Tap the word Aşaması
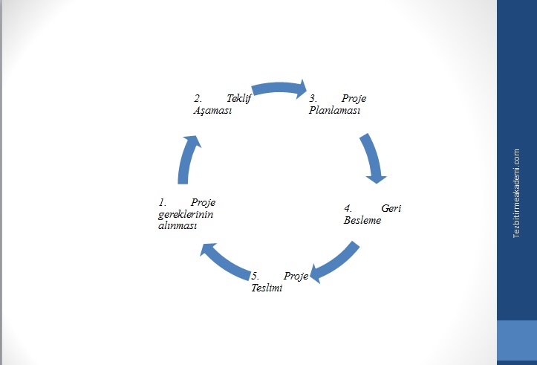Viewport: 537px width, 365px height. pos(212,111)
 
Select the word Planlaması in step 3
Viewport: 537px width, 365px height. pos(334,111)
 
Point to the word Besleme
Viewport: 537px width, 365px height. pos(362,221)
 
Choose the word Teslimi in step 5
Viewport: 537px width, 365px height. pos(267,288)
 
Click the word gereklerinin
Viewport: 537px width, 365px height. pos(181,214)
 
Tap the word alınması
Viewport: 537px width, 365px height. pos(177,226)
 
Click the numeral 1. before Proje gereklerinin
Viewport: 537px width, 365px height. pos(162,202)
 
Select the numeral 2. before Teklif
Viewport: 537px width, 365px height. pos(198,98)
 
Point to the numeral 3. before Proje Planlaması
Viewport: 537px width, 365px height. pos(313,98)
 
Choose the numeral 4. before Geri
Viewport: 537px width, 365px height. pos(347,209)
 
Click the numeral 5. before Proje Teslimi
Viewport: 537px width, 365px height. pos(255,277)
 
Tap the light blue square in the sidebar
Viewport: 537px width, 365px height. pos(516,340)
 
